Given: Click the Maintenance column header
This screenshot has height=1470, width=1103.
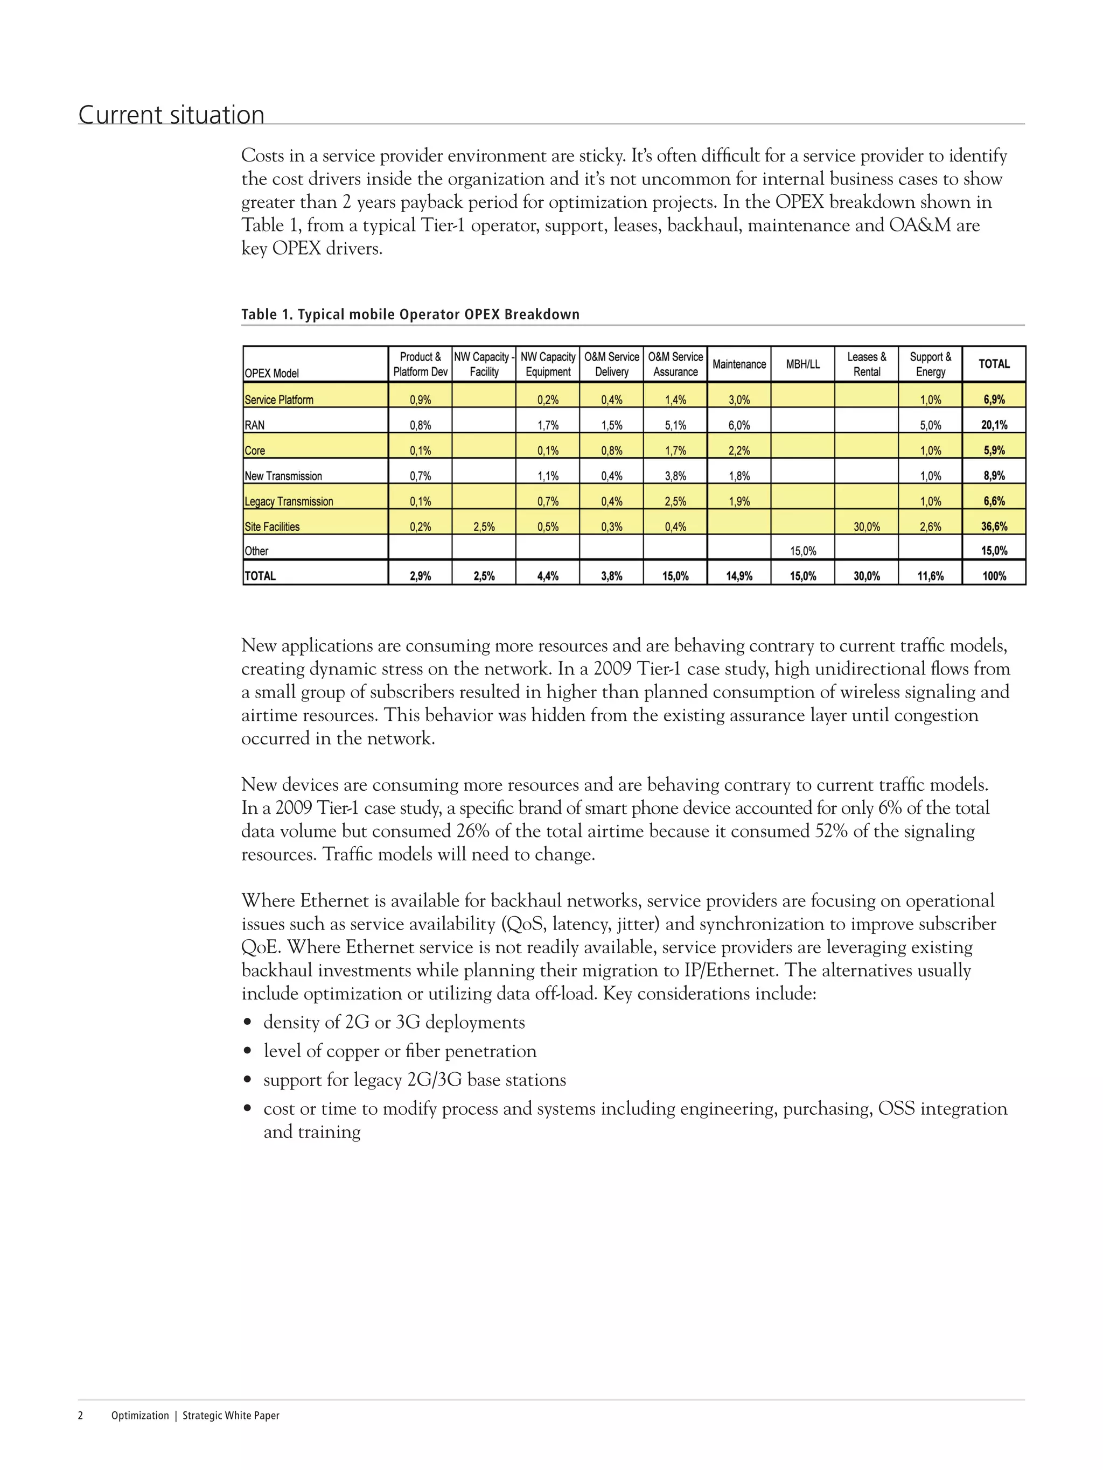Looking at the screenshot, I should point(739,364).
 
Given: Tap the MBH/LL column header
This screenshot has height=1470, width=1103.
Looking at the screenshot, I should point(802,364).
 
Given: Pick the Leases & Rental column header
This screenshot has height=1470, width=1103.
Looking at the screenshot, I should point(867,364).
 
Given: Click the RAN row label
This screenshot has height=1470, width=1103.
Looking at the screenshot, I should point(255,425).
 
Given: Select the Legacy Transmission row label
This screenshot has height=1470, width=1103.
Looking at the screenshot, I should point(289,501).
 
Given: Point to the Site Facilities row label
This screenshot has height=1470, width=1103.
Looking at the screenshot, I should point(272,526).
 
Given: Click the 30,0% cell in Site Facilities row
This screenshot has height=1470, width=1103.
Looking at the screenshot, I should point(867,526).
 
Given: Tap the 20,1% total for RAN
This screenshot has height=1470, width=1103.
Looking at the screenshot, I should point(994,425).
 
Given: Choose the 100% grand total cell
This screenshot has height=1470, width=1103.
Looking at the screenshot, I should point(994,576).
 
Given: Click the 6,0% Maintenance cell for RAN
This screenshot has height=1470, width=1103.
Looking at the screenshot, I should point(739,425).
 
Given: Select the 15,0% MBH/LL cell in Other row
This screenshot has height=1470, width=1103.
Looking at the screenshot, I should point(802,551).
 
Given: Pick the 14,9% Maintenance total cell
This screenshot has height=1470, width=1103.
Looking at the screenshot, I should point(739,576).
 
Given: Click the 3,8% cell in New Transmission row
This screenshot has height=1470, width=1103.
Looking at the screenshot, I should point(675,476).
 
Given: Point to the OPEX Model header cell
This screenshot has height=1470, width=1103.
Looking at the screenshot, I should point(272,373).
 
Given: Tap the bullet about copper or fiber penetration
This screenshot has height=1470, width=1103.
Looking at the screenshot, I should point(400,1051).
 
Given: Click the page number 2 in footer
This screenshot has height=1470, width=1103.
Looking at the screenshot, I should point(80,1416).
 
